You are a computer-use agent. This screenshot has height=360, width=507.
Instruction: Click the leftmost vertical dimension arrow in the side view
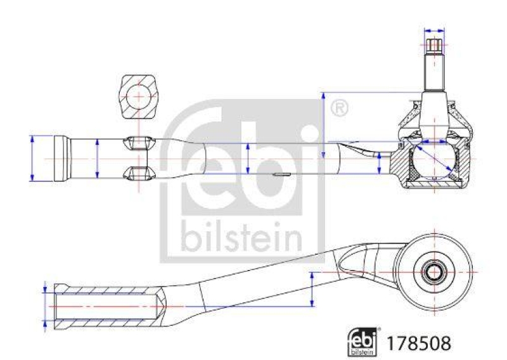tap(32, 158)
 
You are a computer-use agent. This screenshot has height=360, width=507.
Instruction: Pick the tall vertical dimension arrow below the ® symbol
tap(324, 124)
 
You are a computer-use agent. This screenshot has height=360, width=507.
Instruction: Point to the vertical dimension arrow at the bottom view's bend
tap(312, 289)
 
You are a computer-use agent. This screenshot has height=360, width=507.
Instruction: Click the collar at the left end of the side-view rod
tap(61, 158)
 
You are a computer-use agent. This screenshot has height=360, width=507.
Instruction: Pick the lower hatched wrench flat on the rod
tap(138, 172)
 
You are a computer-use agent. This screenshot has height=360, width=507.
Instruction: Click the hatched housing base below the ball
tap(435, 184)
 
